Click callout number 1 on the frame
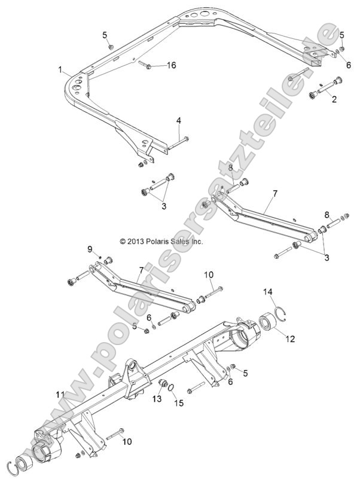coord(60,71)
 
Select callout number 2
coord(334,99)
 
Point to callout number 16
coord(171,65)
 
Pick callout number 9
coord(90,249)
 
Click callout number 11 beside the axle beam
coord(59,394)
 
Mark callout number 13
coord(156,398)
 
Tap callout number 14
coord(269,291)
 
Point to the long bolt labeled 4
coord(162,142)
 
